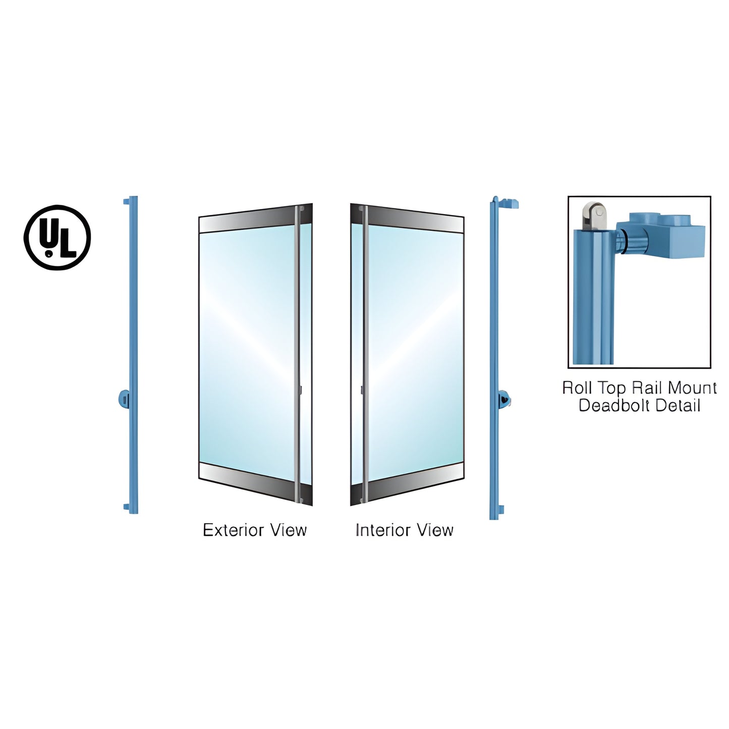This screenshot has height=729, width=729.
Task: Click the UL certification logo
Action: pos(57,238)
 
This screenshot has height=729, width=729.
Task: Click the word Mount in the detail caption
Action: pos(692,388)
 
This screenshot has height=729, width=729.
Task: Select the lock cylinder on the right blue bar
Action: pos(504,399)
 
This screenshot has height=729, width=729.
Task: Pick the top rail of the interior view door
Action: pos(407,219)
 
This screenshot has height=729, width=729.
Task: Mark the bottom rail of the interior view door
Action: pos(407,483)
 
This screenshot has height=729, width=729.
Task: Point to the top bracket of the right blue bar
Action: pos(509,203)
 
